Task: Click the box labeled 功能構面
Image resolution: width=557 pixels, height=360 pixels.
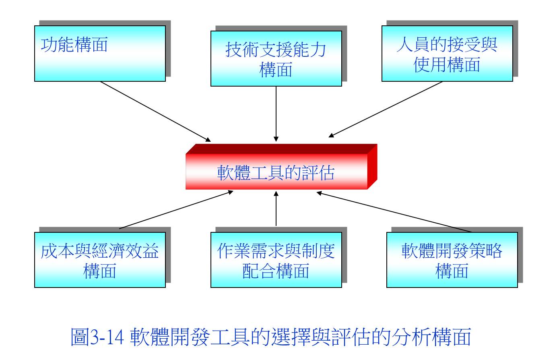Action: pyautogui.click(x=100, y=54)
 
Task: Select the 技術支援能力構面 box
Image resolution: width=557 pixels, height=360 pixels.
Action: pyautogui.click(x=276, y=58)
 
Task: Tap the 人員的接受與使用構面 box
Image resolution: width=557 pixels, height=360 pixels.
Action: pyautogui.click(x=448, y=54)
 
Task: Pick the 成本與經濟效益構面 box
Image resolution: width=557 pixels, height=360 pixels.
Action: pyautogui.click(x=100, y=260)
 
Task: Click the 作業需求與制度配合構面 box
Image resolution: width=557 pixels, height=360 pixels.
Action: pyautogui.click(x=276, y=260)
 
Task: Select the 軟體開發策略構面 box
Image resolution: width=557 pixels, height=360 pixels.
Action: pyautogui.click(x=452, y=260)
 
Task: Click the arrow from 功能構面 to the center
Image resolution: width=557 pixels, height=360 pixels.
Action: pyautogui.click(x=155, y=112)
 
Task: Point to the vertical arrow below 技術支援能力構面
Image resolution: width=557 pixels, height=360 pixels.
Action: pyautogui.click(x=276, y=114)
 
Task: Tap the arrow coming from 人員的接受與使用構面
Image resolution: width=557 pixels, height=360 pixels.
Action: pyautogui.click(x=386, y=109)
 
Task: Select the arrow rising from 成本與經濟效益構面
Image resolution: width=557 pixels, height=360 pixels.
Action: pyautogui.click(x=176, y=210)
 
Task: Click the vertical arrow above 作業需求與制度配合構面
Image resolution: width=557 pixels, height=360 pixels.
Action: pyautogui.click(x=276, y=209)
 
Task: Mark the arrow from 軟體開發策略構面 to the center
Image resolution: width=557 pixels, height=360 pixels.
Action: pyautogui.click(x=394, y=212)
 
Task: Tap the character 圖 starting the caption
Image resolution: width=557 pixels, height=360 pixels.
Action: pyautogui.click(x=80, y=337)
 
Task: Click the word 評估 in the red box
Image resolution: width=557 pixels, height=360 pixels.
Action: pyautogui.click(x=318, y=173)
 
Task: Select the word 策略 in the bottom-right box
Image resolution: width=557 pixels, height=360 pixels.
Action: pyautogui.click(x=486, y=251)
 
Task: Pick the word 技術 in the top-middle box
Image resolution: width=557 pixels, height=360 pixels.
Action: pyautogui.click(x=242, y=50)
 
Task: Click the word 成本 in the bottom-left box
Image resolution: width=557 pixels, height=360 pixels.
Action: pyautogui.click(x=58, y=251)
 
